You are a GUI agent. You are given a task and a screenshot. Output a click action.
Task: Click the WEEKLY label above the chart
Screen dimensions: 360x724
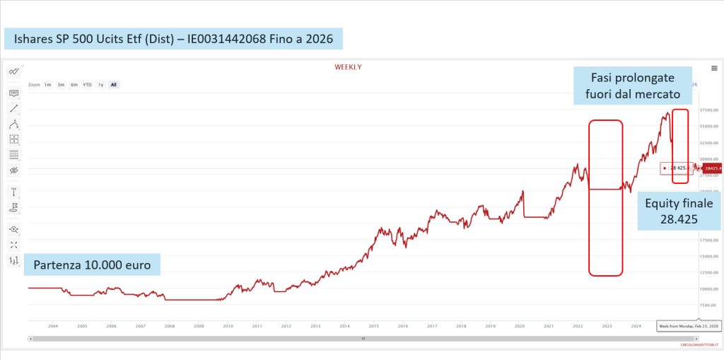click(348, 66)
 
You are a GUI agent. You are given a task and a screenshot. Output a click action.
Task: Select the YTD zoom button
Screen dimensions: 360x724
click(87, 85)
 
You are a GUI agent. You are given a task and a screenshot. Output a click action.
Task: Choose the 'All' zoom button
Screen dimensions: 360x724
click(113, 85)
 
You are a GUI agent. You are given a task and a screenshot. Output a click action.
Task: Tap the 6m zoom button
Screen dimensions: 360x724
click(74, 85)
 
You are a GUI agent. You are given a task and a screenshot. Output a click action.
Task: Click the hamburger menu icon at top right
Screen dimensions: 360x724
click(714, 68)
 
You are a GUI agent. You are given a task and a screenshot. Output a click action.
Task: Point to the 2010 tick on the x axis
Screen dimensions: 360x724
click(228, 326)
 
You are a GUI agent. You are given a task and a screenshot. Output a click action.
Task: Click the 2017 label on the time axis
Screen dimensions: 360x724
click(432, 326)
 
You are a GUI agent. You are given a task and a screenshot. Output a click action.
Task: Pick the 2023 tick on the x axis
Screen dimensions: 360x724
click(607, 326)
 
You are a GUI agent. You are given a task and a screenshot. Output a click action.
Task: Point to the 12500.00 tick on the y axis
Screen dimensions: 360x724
click(709, 272)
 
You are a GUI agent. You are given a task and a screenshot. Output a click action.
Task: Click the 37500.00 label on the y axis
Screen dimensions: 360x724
click(709, 110)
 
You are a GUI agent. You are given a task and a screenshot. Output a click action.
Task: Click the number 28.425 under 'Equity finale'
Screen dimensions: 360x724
click(679, 220)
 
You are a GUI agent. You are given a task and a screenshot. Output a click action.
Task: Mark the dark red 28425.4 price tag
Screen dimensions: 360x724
click(713, 168)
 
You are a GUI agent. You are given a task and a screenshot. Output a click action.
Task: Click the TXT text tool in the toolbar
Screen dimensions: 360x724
click(13, 93)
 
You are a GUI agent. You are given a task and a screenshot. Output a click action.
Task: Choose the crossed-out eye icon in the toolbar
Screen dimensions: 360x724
click(13, 170)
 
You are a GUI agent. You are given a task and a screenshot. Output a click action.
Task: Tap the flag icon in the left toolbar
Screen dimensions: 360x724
click(13, 207)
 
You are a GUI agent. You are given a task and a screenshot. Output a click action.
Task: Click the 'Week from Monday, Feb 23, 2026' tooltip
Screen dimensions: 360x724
click(689, 326)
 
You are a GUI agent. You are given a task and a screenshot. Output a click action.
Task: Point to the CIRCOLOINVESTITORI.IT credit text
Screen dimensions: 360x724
click(698, 344)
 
